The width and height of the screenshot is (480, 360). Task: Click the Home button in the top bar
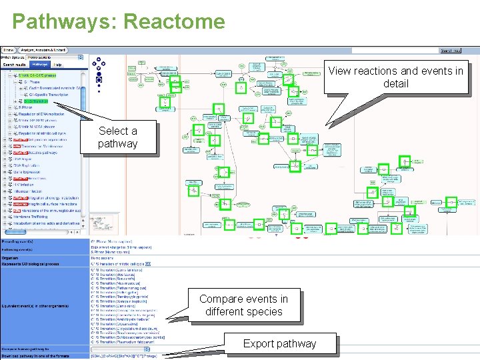click(x=9, y=50)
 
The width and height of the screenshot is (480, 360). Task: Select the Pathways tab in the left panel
click(x=38, y=65)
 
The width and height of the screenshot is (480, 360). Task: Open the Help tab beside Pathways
click(x=57, y=65)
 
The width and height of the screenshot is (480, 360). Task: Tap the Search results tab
click(x=13, y=65)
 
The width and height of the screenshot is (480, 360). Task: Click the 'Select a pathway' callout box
click(x=117, y=137)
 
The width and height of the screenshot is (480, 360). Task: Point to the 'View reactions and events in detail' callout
click(x=395, y=77)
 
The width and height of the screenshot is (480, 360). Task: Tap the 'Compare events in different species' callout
click(x=243, y=305)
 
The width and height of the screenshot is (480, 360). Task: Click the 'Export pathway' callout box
click(x=279, y=344)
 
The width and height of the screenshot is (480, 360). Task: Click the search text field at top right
click(x=393, y=50)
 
